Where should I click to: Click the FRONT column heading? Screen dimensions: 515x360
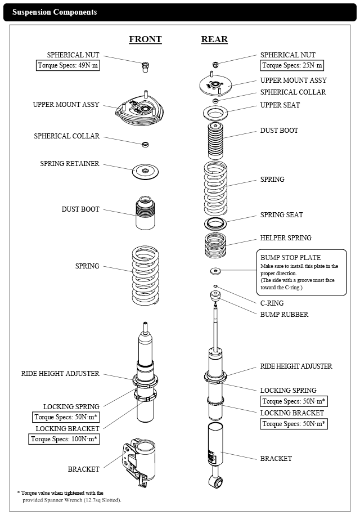tap(145, 39)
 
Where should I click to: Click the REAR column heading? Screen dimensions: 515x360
tap(214, 39)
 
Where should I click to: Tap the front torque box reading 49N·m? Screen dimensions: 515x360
tap(67, 66)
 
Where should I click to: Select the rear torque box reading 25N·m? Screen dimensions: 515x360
tap(291, 66)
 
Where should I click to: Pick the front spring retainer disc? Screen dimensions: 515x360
tap(145, 171)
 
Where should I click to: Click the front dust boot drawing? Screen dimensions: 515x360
tap(145, 213)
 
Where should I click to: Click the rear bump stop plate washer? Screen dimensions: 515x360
tap(214, 272)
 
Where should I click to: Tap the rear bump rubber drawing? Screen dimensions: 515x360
tap(214, 297)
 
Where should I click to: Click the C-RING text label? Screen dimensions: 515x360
tap(272, 303)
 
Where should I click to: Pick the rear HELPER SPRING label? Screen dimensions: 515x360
tap(285, 238)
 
